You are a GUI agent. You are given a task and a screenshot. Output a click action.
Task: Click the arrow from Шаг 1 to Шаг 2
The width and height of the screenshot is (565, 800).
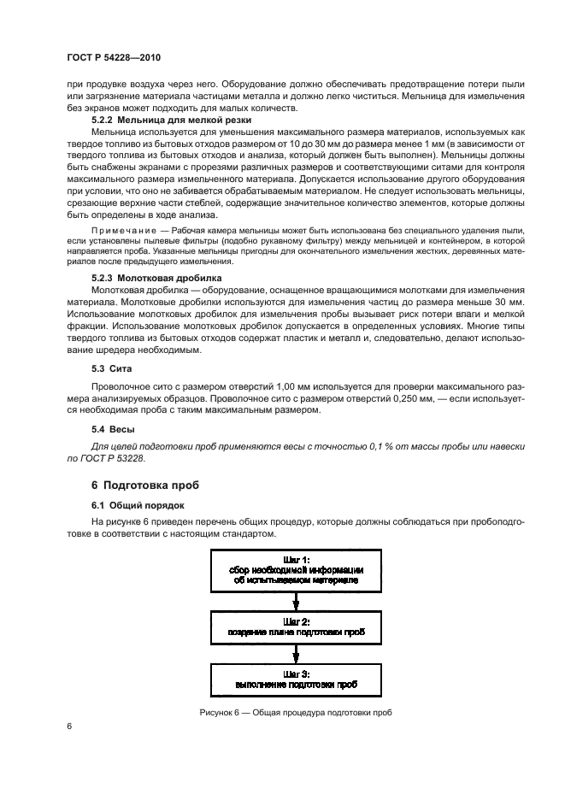click(x=294, y=599)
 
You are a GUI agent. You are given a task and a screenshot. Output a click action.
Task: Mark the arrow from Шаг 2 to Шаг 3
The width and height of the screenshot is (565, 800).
click(x=294, y=654)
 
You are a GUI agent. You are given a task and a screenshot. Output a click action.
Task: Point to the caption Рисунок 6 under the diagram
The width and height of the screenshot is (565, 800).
click(x=295, y=713)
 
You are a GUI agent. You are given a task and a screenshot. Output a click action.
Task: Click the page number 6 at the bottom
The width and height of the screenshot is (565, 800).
click(x=69, y=726)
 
